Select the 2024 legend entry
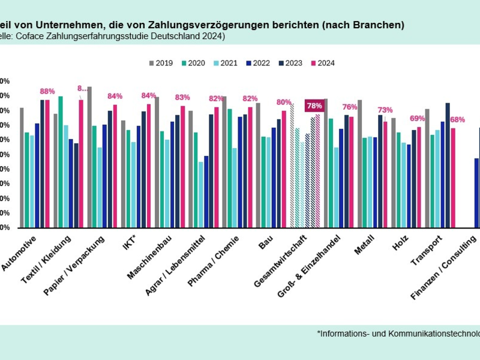click(x=322, y=63)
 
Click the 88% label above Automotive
click(x=47, y=92)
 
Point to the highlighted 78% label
click(x=314, y=106)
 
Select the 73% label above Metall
click(x=385, y=110)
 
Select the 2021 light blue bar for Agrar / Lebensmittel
click(x=201, y=194)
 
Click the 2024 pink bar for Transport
click(x=453, y=178)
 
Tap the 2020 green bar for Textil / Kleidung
click(x=61, y=162)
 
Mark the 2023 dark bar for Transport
click(x=448, y=165)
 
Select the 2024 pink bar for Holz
click(x=419, y=177)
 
